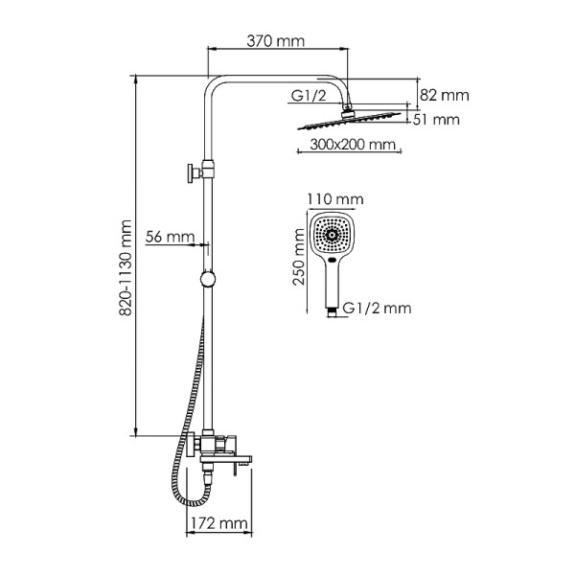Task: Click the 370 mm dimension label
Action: point(276,42)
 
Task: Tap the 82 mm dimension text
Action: point(445,95)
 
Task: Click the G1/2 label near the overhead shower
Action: point(306,96)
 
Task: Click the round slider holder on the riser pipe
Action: point(207,280)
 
